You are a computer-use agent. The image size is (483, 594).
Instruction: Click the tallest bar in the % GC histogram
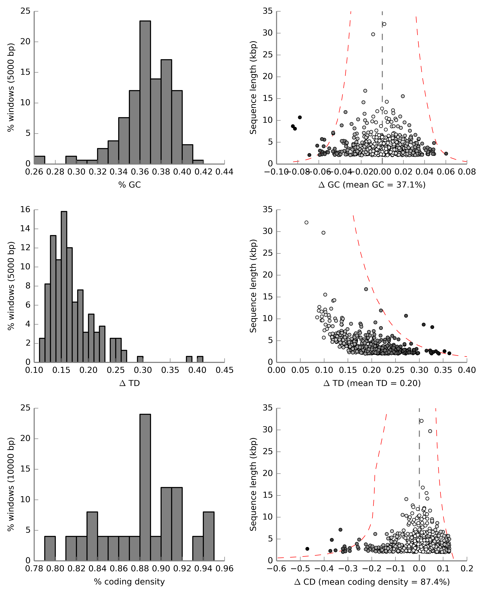coord(145,92)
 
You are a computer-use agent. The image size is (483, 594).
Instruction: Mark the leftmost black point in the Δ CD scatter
coord(307,549)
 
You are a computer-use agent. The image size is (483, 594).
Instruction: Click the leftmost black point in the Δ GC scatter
coord(293,126)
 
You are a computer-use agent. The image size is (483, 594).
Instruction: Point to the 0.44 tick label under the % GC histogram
coord(224,172)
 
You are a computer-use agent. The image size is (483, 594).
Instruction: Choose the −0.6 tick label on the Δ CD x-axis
coord(276,569)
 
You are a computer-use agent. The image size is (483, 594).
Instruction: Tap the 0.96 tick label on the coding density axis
coord(224,569)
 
